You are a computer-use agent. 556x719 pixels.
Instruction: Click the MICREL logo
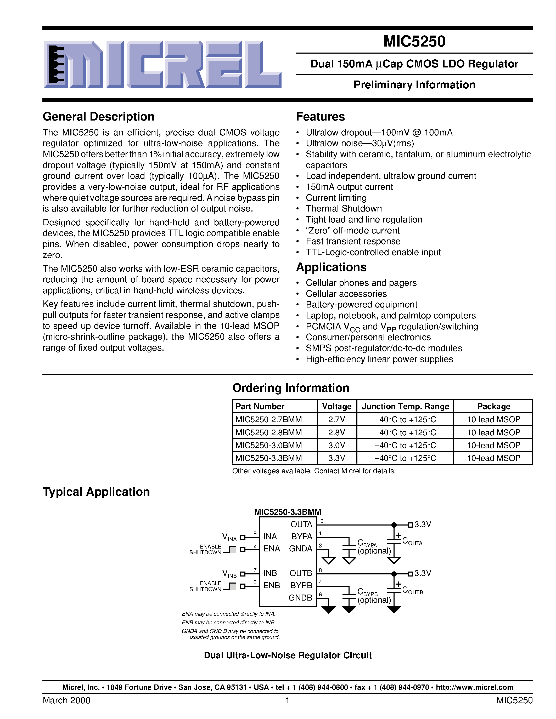click(x=162, y=65)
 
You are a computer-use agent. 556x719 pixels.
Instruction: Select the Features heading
click(x=320, y=117)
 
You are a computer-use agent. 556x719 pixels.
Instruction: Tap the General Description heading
click(x=98, y=117)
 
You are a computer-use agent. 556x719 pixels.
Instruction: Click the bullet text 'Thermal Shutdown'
click(x=344, y=208)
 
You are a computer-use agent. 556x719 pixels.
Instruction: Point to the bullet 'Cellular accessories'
click(x=346, y=294)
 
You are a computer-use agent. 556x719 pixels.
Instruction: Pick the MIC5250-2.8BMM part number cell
click(x=268, y=432)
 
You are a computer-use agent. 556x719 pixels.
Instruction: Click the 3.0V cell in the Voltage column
click(x=337, y=445)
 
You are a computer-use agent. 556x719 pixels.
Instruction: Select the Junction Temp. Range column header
click(x=405, y=406)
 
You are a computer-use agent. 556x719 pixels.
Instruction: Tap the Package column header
click(x=493, y=406)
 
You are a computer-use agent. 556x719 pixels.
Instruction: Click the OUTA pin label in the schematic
click(x=301, y=524)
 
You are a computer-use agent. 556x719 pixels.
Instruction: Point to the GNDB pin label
click(x=300, y=597)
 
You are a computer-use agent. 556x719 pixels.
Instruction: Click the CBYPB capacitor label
click(x=367, y=592)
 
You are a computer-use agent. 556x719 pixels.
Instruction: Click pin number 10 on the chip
click(x=320, y=521)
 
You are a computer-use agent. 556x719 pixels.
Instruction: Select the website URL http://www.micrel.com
click(x=474, y=687)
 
